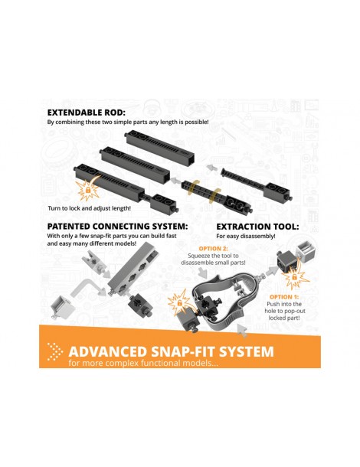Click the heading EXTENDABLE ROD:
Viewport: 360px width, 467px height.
click(x=87, y=113)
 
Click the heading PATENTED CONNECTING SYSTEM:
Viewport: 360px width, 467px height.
click(x=117, y=227)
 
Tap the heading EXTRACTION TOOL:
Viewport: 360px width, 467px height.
click(x=257, y=227)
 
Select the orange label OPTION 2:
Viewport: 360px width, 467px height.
click(x=213, y=248)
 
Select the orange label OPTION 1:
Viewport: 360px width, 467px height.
click(x=284, y=297)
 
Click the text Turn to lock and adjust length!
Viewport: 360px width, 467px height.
click(x=89, y=208)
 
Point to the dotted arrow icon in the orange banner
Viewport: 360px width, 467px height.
click(x=55, y=351)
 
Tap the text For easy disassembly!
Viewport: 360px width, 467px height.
click(x=246, y=237)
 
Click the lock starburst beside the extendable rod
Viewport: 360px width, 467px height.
click(x=87, y=190)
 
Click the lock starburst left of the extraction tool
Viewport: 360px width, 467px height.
click(x=179, y=302)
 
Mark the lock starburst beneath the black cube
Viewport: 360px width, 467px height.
click(x=295, y=277)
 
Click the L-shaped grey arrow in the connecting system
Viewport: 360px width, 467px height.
click(x=88, y=287)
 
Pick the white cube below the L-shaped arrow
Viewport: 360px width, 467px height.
click(x=63, y=306)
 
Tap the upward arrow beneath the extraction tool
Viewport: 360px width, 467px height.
click(x=242, y=331)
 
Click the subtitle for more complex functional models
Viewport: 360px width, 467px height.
click(x=143, y=364)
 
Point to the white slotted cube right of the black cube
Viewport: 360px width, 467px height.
click(x=306, y=252)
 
